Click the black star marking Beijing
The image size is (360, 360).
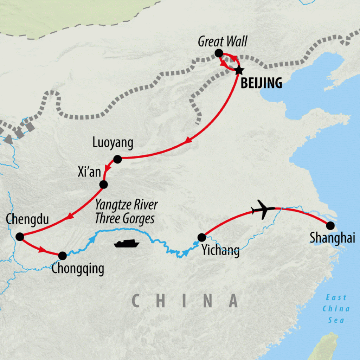[x=239, y=70]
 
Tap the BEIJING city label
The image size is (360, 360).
[x=261, y=83]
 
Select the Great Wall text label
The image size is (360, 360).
[x=223, y=42]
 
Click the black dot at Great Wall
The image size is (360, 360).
[x=218, y=53]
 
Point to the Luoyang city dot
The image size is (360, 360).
[x=117, y=159]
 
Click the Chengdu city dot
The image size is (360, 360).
[x=20, y=237]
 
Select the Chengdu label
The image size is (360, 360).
[x=27, y=220]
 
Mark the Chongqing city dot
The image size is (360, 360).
[x=62, y=256]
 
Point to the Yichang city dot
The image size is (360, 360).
[x=201, y=237]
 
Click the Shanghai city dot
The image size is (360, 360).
[x=330, y=226]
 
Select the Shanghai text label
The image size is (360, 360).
[x=332, y=239]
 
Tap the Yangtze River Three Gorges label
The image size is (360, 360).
[x=126, y=212]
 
